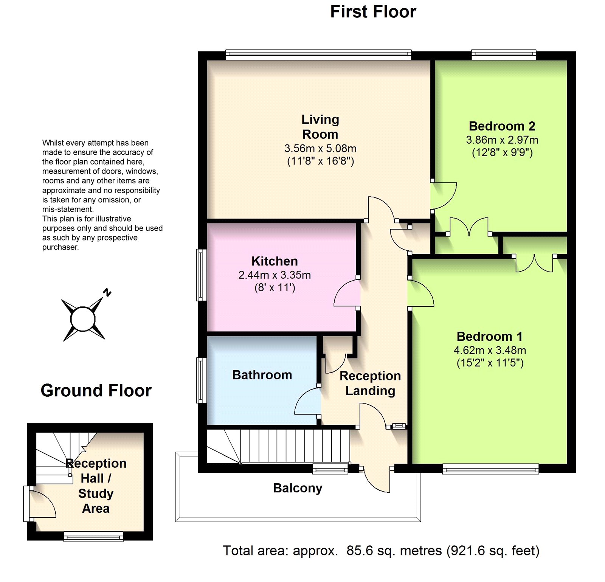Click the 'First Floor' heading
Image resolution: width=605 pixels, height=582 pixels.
pyautogui.click(x=373, y=12)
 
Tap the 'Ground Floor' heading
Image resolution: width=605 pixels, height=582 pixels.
pyautogui.click(x=96, y=391)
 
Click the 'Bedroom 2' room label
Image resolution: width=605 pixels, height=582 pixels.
pyautogui.click(x=502, y=126)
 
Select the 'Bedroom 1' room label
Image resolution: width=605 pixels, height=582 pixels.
pyautogui.click(x=490, y=336)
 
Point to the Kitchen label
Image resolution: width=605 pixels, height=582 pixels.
pyautogui.click(x=275, y=261)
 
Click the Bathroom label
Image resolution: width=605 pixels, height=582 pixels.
pyautogui.click(x=262, y=375)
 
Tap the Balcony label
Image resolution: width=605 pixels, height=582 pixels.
pyautogui.click(x=298, y=488)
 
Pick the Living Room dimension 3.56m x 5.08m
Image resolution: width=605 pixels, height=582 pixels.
pyautogui.click(x=320, y=148)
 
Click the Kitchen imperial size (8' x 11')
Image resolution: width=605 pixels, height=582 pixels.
pyautogui.click(x=275, y=288)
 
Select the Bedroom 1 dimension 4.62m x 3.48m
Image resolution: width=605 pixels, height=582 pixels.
pyautogui.click(x=490, y=350)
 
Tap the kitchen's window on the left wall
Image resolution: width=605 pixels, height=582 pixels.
pyautogui.click(x=201, y=275)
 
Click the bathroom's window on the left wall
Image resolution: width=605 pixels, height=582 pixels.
pyautogui.click(x=201, y=380)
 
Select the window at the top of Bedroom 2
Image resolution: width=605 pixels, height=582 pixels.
pyautogui.click(x=504, y=55)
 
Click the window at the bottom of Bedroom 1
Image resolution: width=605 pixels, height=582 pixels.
pyautogui.click(x=490, y=469)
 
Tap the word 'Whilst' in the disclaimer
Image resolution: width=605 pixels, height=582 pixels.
pyautogui.click(x=53, y=143)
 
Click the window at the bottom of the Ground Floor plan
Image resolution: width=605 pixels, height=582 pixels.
pyautogui.click(x=93, y=536)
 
